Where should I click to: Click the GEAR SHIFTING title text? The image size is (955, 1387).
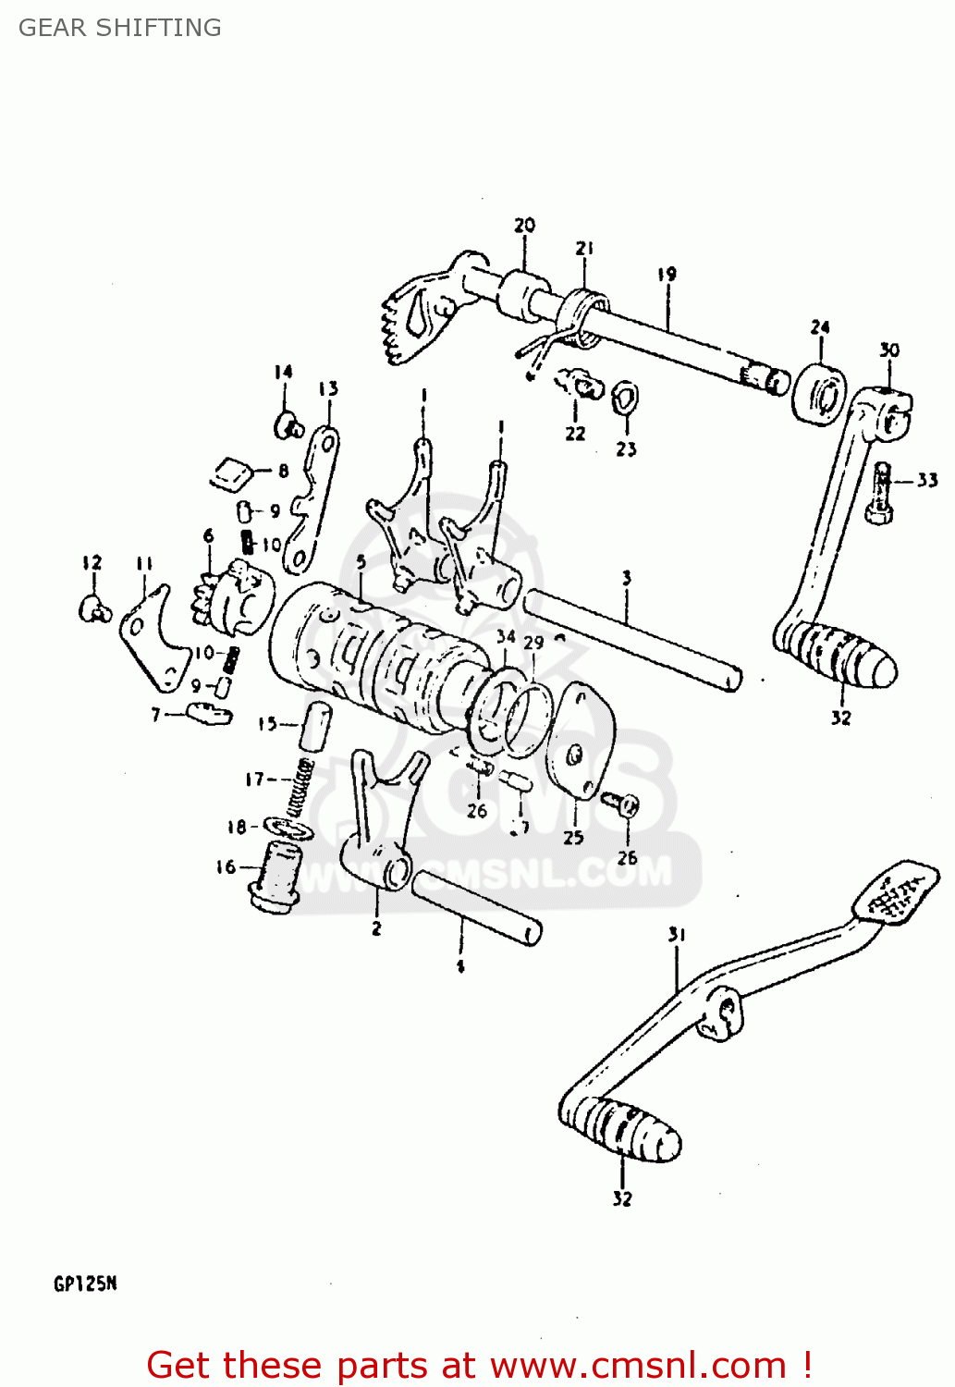(120, 28)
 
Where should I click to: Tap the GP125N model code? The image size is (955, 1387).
(85, 1283)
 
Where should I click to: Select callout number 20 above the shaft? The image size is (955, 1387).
(524, 226)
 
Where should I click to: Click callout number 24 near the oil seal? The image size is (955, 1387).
(820, 327)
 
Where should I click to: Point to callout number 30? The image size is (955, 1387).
(888, 350)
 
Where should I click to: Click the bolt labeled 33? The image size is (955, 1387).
(881, 496)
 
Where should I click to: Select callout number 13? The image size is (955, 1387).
(328, 389)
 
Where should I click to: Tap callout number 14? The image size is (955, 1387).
(283, 372)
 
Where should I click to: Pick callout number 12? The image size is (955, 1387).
(92, 562)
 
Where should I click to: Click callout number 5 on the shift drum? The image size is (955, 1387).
(361, 562)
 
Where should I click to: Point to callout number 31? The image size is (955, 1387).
(677, 935)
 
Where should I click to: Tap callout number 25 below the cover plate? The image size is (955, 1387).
(573, 837)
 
